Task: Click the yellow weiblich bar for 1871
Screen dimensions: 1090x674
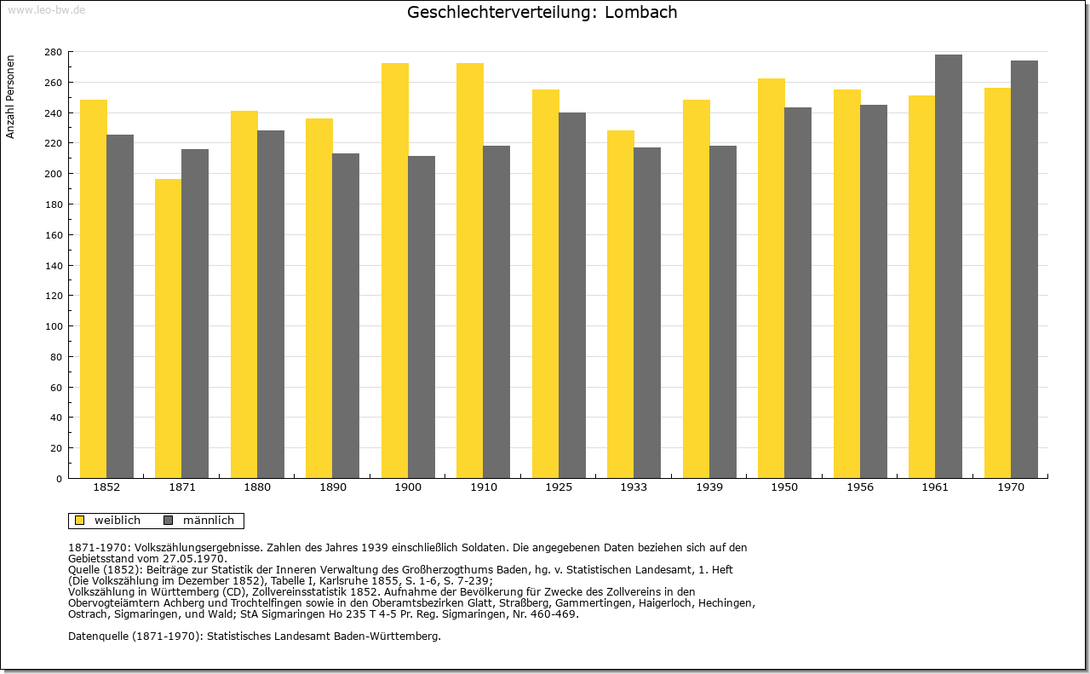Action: coord(169,329)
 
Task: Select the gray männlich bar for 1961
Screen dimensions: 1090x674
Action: coord(949,267)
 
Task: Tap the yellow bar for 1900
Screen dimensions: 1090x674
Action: coord(395,271)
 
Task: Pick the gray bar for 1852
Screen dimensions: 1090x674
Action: coord(120,306)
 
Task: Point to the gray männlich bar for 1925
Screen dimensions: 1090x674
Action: coord(572,296)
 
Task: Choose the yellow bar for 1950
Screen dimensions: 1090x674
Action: coord(772,279)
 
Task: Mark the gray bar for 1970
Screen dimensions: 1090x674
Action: coord(1024,269)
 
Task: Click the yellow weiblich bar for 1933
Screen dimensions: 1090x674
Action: coord(621,304)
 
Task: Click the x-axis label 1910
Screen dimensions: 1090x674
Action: coord(483,487)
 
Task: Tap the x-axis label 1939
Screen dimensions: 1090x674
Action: coord(709,487)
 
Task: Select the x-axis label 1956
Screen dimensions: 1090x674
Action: coord(860,487)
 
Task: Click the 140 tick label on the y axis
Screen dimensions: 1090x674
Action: coord(54,266)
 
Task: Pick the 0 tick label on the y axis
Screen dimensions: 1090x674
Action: coord(59,479)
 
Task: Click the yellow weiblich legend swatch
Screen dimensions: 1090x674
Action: coord(80,521)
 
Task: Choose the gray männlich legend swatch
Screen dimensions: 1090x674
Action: coord(169,521)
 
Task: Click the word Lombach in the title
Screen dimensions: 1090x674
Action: coord(641,12)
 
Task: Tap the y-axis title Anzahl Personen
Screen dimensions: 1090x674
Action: coord(10,97)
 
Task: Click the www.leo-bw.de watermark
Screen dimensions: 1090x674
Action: coord(46,9)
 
